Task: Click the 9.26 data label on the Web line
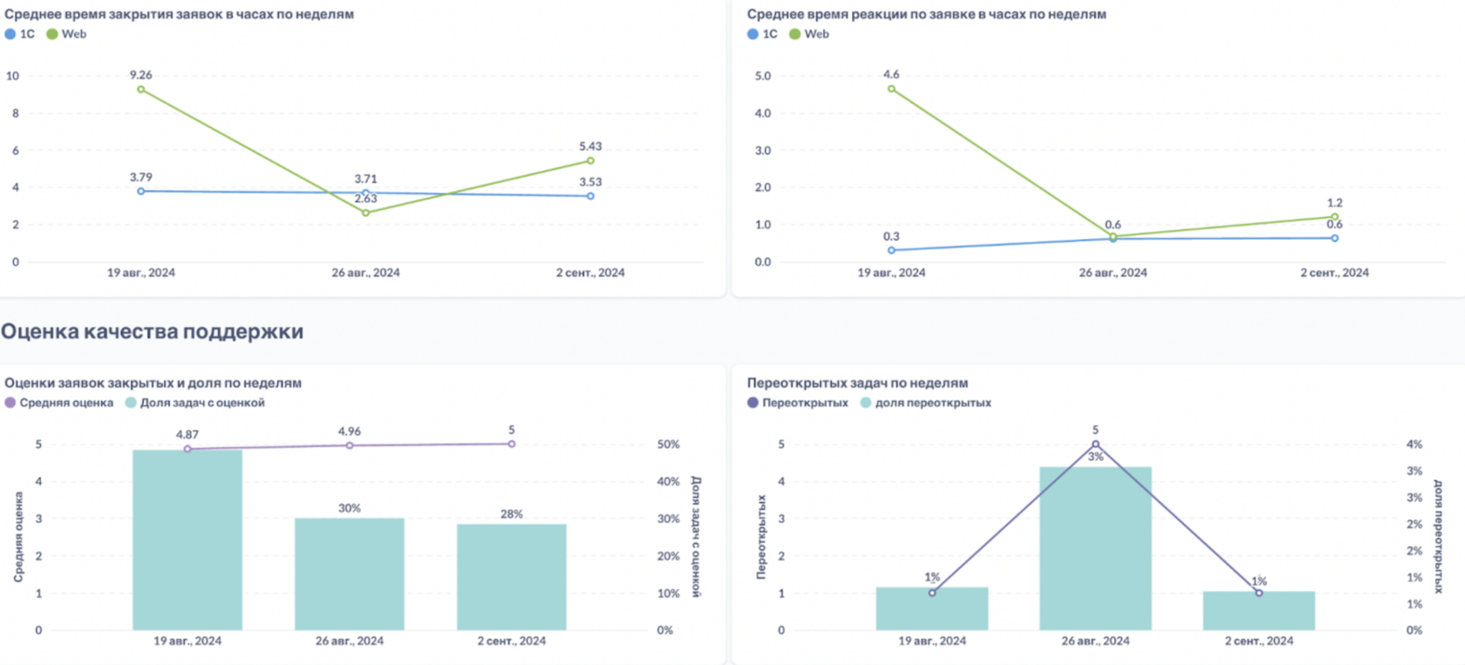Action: pos(140,75)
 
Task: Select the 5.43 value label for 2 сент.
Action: pos(590,146)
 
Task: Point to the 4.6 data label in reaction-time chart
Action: pos(891,75)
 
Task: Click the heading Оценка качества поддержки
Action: pos(153,332)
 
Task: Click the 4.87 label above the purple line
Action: pos(187,434)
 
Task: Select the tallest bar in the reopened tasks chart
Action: pos(1095,548)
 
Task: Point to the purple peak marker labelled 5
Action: pos(1095,444)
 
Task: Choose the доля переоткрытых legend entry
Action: pos(926,403)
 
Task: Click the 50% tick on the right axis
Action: pos(668,444)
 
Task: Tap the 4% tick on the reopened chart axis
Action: pos(1414,444)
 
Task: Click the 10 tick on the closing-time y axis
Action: pos(12,76)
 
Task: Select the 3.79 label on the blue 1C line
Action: pos(140,178)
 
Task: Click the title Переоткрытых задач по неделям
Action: pos(857,383)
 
